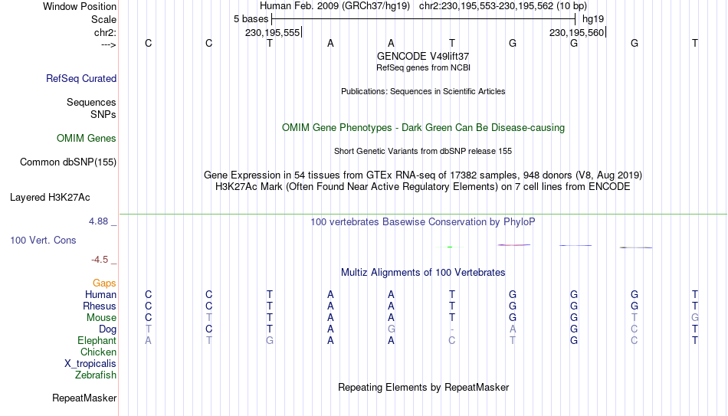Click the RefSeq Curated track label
(81, 78)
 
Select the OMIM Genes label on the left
(87, 139)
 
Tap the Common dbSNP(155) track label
(68, 162)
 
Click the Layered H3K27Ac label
(50, 198)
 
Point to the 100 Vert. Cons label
(43, 240)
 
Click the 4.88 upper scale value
(98, 221)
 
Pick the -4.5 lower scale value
(100, 260)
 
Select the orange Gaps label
(104, 283)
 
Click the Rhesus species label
(100, 306)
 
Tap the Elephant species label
(97, 341)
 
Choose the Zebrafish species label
(96, 375)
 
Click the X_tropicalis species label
(90, 364)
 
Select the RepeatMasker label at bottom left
(84, 398)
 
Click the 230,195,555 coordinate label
(273, 33)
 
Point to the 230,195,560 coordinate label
(576, 33)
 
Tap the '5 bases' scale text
(251, 19)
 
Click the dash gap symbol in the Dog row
(452, 329)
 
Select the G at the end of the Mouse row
(695, 318)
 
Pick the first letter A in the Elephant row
(148, 341)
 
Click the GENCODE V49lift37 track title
(423, 56)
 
